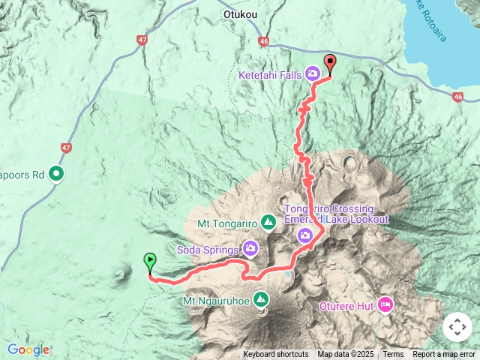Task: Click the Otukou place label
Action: tap(240, 13)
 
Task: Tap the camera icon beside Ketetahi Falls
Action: tap(312, 73)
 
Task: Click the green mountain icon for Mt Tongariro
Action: tap(268, 222)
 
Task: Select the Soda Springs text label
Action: tap(208, 248)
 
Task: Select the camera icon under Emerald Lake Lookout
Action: tap(305, 235)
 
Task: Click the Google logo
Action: tap(28, 349)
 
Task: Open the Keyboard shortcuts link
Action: tap(275, 355)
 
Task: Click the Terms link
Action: tap(393, 355)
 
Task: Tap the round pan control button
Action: tap(457, 327)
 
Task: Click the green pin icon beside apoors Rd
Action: tap(57, 175)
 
